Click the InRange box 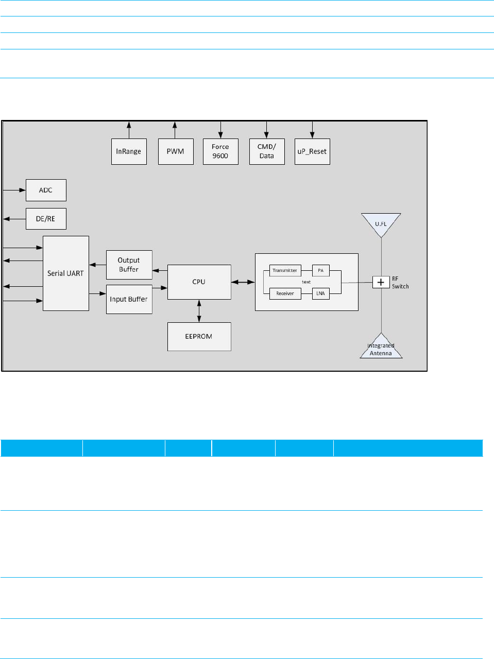[x=129, y=151]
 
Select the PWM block [x=176, y=151]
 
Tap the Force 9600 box [x=220, y=151]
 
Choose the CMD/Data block [x=267, y=151]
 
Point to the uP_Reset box [x=312, y=151]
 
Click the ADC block [x=46, y=190]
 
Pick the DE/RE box [x=46, y=219]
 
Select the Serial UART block [x=65, y=273]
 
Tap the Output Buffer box [x=129, y=265]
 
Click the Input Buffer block [x=129, y=299]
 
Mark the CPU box [x=199, y=282]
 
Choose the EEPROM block [x=199, y=336]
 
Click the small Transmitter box [x=285, y=270]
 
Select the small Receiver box [x=285, y=293]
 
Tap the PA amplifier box [x=320, y=270]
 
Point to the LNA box [x=320, y=293]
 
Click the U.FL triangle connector [x=381, y=223]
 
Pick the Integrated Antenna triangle [x=381, y=349]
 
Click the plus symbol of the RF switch [x=381, y=282]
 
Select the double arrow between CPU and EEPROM [x=199, y=311]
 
